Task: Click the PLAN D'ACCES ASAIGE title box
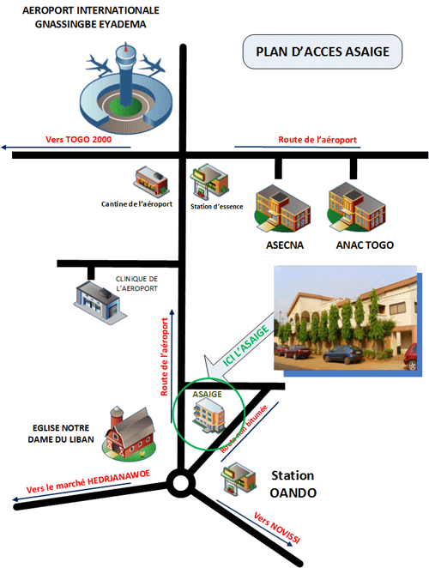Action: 322,51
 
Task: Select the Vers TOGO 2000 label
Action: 79,140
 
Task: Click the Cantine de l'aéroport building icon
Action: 151,182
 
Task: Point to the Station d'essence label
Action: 217,207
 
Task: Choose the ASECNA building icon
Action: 283,208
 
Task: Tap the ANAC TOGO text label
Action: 365,245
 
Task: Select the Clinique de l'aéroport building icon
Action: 100,303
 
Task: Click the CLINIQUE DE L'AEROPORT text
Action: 136,284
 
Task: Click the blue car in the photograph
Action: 342,353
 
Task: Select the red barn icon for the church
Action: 130,433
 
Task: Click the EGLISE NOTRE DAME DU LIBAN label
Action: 61,433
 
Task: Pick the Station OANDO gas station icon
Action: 239,478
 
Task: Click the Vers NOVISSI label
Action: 277,528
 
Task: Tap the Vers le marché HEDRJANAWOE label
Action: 88,481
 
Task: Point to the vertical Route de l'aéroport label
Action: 165,357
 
